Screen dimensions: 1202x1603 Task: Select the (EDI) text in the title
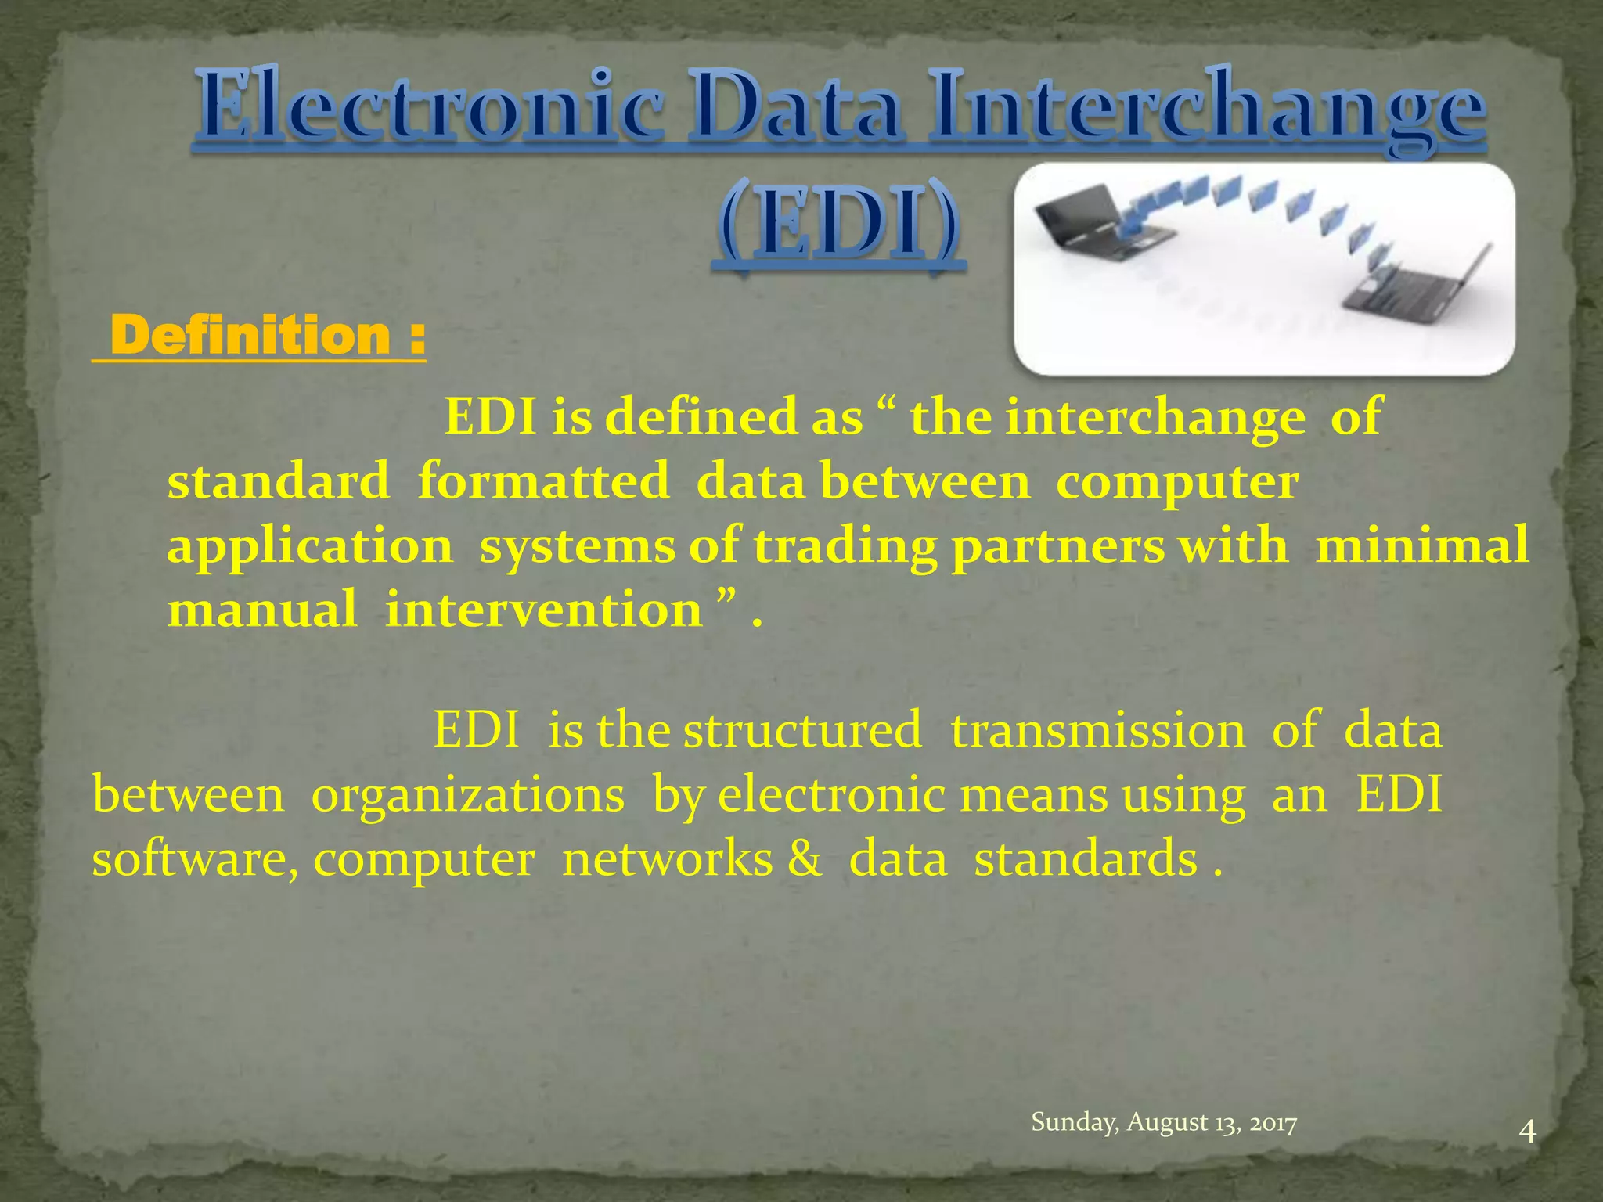838,227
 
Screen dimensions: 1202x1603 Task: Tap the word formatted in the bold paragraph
543,480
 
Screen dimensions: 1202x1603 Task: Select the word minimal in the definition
1421,545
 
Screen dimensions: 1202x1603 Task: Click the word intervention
543,610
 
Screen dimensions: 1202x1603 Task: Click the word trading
845,545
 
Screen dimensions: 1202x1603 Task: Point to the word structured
801,730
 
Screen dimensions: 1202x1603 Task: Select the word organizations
468,795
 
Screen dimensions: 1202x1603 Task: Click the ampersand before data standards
805,858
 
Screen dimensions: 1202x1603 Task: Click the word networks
668,858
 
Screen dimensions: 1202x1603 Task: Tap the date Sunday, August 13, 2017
1164,1122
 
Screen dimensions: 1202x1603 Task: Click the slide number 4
1527,1132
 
